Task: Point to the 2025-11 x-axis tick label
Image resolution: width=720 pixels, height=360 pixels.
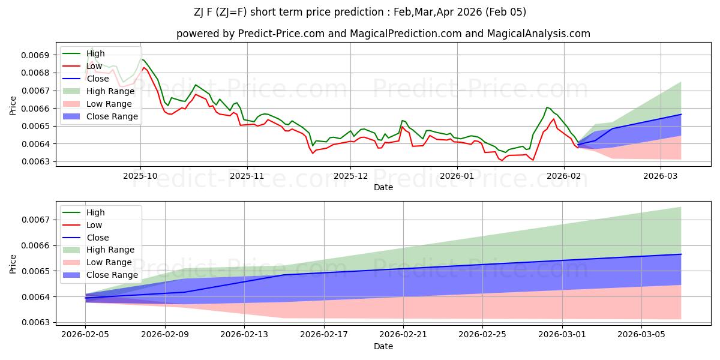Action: point(247,176)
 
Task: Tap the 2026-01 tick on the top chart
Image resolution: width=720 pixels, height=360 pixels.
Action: point(457,176)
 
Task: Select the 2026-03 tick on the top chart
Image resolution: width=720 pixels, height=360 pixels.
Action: point(661,176)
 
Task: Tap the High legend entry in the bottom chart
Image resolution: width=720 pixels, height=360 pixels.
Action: point(95,212)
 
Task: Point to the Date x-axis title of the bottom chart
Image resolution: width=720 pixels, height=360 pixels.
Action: point(383,346)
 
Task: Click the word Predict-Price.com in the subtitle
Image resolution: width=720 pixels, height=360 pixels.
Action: point(268,34)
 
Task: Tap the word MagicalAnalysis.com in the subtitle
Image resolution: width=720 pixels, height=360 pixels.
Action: point(539,34)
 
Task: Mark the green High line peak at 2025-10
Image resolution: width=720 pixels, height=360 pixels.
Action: point(142,59)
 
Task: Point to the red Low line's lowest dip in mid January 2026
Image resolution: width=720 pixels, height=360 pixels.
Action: point(502,160)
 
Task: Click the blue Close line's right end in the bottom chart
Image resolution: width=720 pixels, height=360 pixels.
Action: point(681,254)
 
